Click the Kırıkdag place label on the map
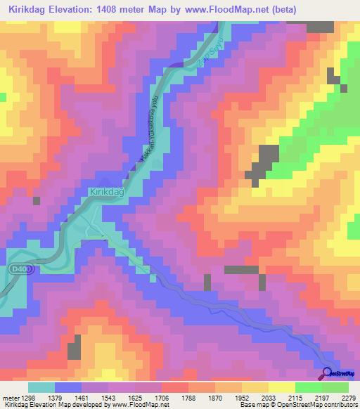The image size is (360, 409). point(106,191)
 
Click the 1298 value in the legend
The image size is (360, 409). point(23,397)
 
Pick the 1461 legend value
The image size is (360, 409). point(81,397)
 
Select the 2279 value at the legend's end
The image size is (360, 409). point(349,397)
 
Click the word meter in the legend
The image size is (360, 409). point(8,397)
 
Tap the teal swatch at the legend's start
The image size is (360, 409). point(41,387)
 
